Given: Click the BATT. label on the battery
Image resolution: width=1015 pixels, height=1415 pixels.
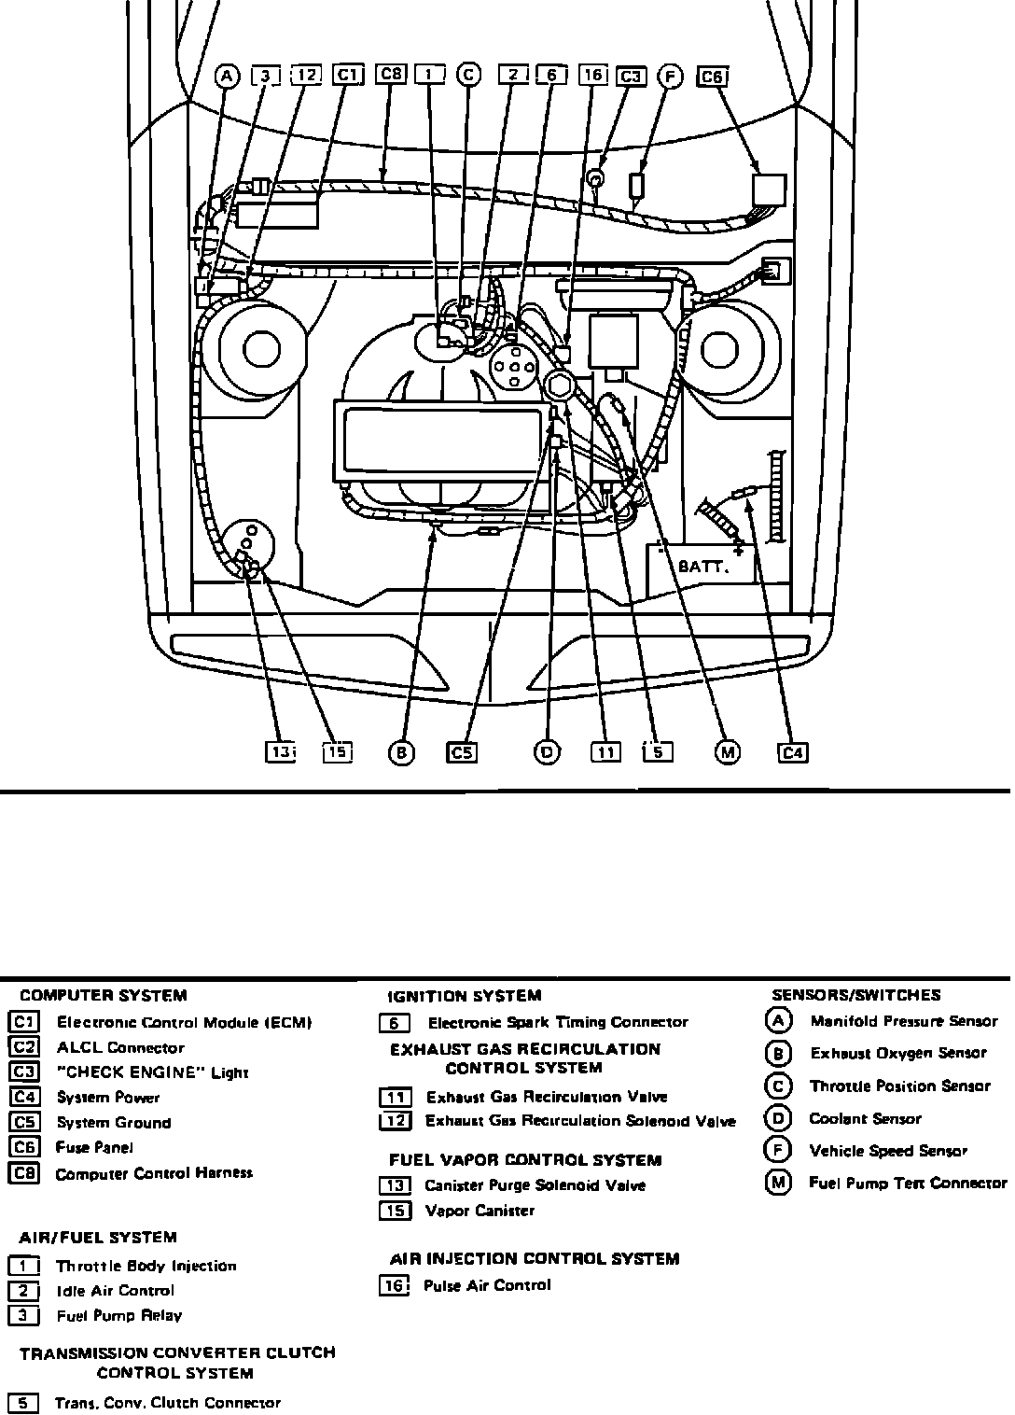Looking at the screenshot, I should pos(702,567).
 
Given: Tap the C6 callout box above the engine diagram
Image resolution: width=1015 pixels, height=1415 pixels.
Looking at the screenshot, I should pos(713,77).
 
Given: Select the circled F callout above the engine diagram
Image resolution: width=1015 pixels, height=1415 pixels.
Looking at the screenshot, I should pos(670,77).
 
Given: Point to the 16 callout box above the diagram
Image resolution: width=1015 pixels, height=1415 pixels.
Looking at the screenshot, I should pos(593,75).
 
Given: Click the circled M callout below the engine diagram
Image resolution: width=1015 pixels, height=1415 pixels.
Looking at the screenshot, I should pos(727,752).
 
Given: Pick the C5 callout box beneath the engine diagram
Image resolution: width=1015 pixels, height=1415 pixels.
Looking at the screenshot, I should pos(462,752).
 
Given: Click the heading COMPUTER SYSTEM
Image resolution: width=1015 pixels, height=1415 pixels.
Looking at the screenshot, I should pos(103,995).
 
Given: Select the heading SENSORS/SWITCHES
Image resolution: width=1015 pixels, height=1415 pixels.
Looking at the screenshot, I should pos(856,995).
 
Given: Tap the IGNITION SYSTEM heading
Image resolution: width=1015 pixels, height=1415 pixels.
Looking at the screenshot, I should pos(464,996).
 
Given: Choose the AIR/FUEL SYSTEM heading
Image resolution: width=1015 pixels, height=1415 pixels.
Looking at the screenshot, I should pos(98,1238).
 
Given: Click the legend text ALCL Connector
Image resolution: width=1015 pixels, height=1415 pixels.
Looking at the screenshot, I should pos(120,1048).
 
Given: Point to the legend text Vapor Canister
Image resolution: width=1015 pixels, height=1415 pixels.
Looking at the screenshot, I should pos(480,1212).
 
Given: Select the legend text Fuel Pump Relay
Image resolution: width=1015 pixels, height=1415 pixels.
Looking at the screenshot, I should pos(119,1316).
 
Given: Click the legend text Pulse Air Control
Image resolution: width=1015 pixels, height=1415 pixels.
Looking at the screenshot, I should pos(487,1285).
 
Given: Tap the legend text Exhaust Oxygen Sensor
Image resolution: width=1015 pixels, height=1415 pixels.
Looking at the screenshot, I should pos(897,1054).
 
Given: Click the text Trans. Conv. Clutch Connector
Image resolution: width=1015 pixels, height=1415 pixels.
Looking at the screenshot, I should pos(168,1403).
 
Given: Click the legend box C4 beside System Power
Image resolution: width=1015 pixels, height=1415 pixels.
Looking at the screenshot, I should pos(23,1098).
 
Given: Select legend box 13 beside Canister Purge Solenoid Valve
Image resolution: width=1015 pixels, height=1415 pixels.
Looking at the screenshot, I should pos(395,1186).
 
